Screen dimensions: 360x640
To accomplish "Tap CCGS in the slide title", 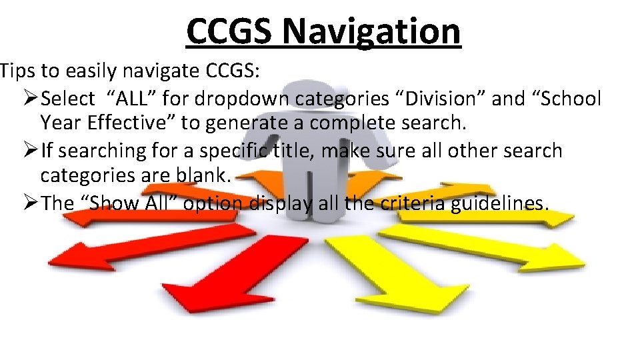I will coord(228,31).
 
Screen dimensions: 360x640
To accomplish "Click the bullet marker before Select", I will coord(31,99).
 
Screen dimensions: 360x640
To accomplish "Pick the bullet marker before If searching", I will coord(31,151).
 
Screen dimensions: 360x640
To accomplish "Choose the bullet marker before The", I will coord(31,203).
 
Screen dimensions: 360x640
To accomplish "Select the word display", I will coord(281,203).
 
